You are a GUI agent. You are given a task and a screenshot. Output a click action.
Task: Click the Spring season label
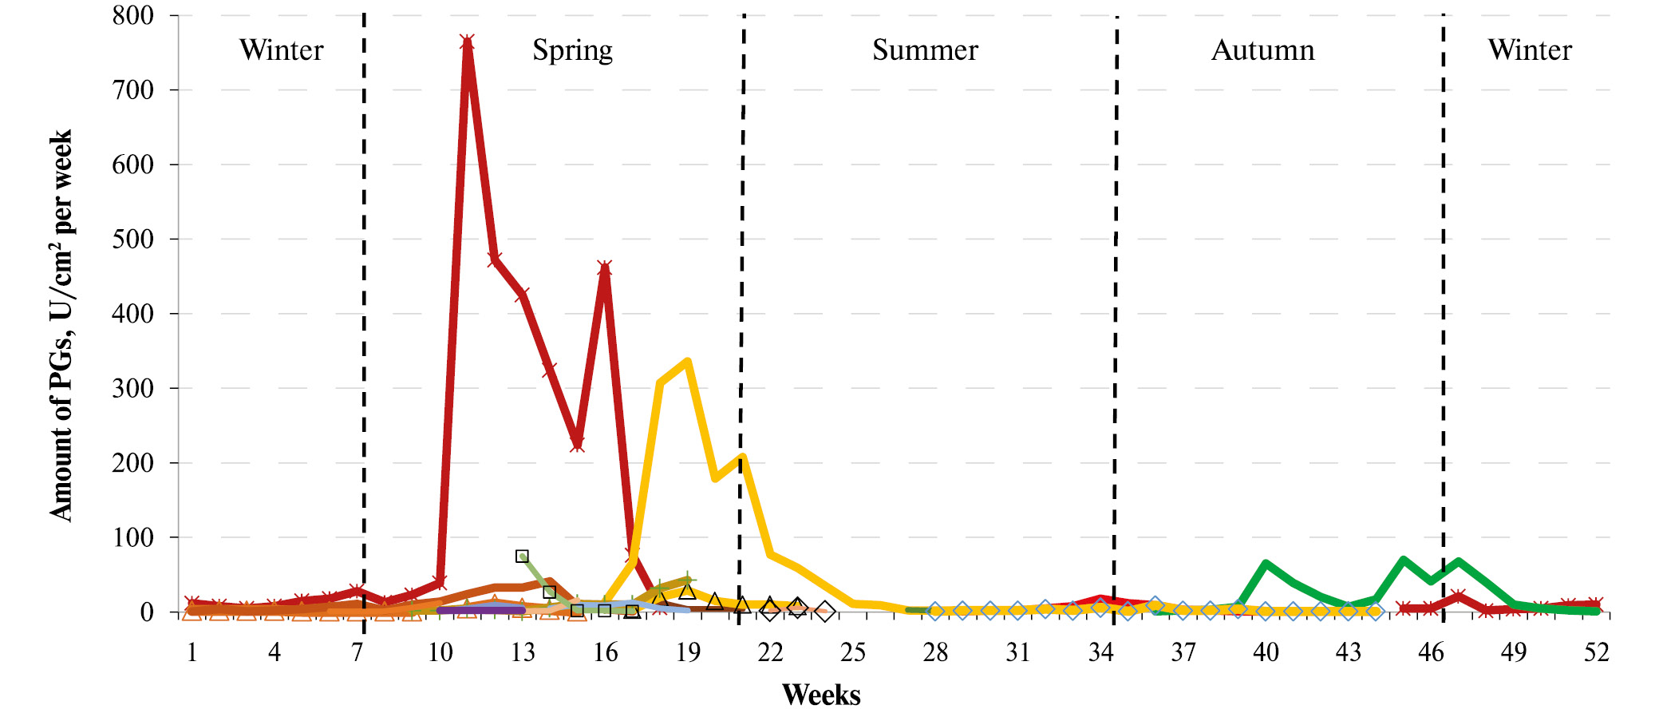572,50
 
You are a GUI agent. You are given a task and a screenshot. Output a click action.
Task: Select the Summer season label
924,50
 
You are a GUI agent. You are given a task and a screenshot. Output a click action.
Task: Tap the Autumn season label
1262,50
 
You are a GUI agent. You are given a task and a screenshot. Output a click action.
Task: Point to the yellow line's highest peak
687,361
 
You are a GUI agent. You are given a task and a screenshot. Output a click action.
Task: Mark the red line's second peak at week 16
605,268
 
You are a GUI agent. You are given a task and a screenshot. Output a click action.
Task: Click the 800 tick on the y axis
133,15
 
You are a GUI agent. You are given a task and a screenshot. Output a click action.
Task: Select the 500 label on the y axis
133,239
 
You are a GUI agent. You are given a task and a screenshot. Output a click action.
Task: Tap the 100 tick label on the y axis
133,537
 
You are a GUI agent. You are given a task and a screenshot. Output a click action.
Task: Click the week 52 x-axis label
1596,653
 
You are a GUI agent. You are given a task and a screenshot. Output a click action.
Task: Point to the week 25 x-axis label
852,653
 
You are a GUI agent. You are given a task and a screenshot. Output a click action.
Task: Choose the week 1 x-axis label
192,653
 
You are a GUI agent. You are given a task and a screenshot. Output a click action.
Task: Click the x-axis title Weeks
820,695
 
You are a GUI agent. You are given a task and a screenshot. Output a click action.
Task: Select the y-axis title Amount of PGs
61,325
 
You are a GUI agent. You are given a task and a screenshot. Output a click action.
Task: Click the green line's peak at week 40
1266,564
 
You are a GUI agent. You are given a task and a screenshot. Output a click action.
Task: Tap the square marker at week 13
522,557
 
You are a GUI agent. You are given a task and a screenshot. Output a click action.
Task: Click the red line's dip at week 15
577,444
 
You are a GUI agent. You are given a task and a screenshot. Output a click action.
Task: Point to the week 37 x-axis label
1183,653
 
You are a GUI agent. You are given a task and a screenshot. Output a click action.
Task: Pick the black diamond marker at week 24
825,612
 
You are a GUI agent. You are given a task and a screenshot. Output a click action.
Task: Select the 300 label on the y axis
133,388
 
